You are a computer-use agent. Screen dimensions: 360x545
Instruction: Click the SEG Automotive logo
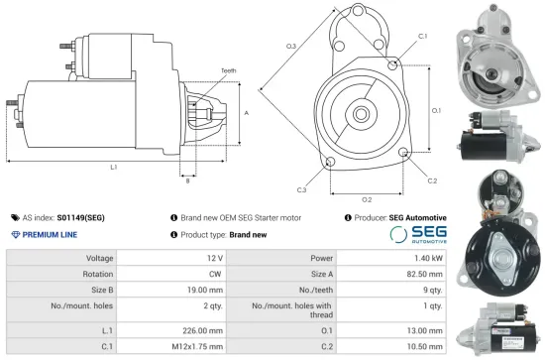click(417, 235)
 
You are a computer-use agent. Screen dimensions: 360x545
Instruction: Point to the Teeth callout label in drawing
click(229, 71)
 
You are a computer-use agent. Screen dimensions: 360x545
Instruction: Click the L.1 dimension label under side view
click(114, 167)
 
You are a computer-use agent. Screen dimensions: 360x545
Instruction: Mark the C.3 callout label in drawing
click(301, 188)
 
